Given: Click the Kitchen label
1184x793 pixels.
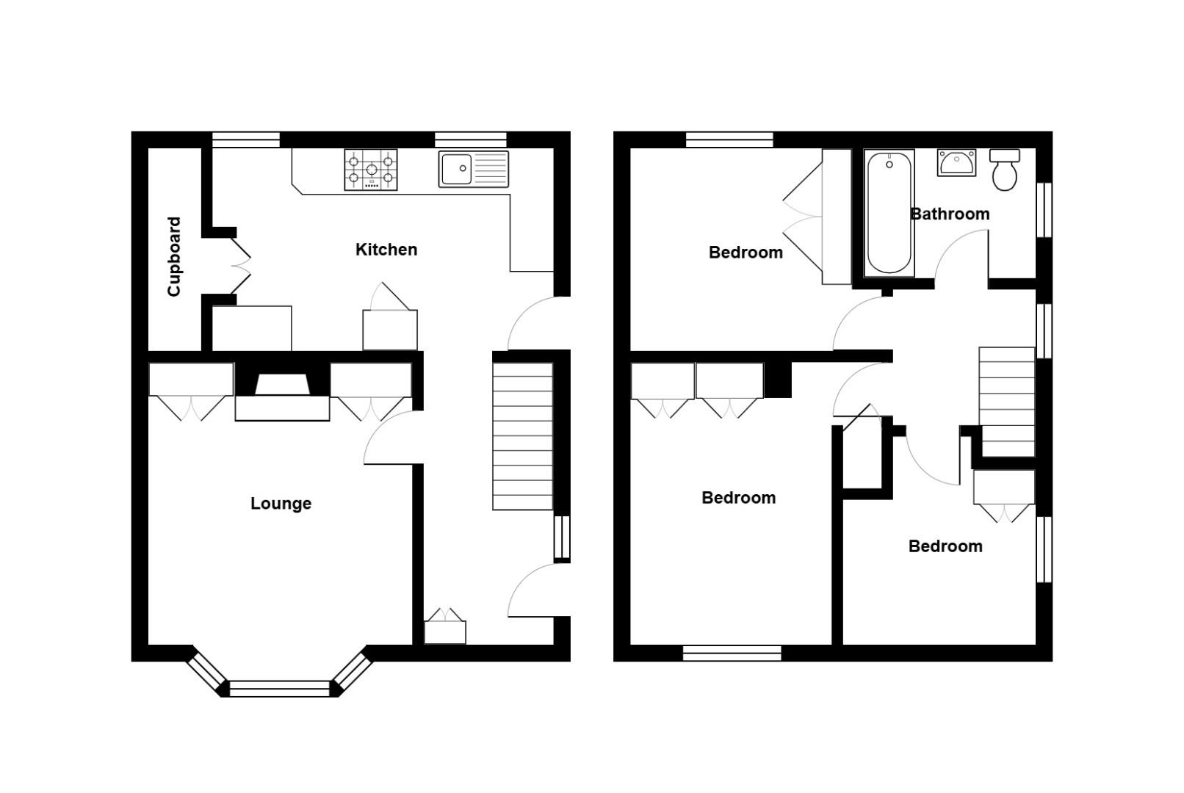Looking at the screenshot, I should click(386, 250).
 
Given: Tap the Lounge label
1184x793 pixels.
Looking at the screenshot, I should click(281, 504).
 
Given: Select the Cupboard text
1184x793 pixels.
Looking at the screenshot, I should click(174, 256).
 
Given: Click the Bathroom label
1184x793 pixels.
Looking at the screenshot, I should click(950, 214).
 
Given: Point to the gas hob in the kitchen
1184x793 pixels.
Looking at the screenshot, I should click(371, 170).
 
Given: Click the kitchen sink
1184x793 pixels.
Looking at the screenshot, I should click(473, 169).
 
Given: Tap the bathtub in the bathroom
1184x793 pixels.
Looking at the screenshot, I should click(889, 213).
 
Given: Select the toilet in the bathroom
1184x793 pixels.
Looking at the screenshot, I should click(1004, 171).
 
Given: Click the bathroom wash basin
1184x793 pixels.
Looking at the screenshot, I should click(956, 162).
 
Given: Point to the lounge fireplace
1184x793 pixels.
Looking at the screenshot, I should click(282, 397).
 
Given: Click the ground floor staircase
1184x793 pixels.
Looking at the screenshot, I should click(522, 435).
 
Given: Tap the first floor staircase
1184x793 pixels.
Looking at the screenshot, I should click(1006, 402).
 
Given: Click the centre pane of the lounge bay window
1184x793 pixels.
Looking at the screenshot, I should click(280, 689).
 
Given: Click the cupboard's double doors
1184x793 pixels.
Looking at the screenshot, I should click(240, 262).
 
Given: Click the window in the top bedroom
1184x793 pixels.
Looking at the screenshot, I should click(729, 140).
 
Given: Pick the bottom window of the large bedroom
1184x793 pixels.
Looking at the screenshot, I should click(732, 653).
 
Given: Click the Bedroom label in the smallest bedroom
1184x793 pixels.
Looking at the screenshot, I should click(945, 546).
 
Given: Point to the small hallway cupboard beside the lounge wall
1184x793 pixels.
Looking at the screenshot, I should click(444, 629).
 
